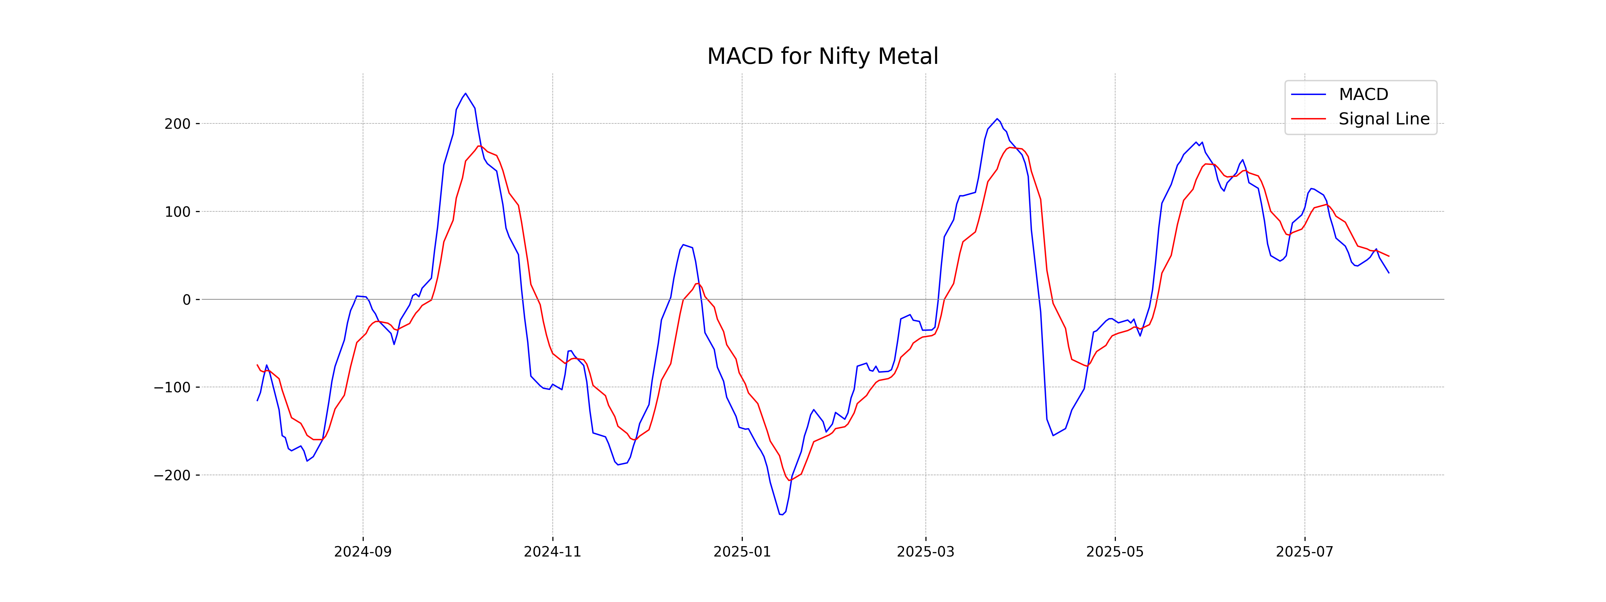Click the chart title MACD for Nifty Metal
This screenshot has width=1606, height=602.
[x=822, y=57]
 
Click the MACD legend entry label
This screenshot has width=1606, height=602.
[x=1363, y=95]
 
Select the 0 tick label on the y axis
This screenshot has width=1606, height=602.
[x=186, y=300]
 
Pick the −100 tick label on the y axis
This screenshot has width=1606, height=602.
[x=172, y=388]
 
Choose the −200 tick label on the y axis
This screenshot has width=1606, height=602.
[x=172, y=476]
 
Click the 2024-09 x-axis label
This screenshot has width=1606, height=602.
[x=363, y=552]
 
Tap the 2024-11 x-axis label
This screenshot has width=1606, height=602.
[x=552, y=552]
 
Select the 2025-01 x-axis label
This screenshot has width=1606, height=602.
[x=742, y=552]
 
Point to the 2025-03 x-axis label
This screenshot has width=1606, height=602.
[x=925, y=552]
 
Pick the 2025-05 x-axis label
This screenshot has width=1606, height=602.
[x=1115, y=552]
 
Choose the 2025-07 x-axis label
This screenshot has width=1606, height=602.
[x=1304, y=552]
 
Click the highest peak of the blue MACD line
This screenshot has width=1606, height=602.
[x=465, y=94]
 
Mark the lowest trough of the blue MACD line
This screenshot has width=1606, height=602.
[x=781, y=514]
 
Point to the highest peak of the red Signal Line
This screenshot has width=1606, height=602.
[x=479, y=146]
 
